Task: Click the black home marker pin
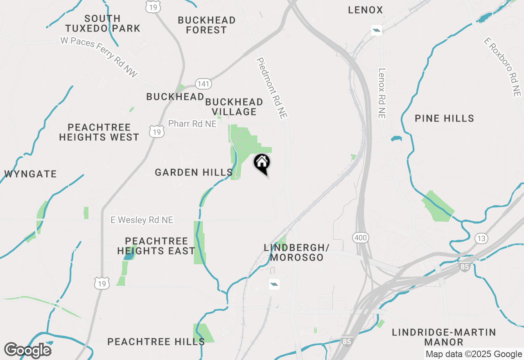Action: click(x=262, y=163)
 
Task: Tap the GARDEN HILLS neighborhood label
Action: click(x=194, y=173)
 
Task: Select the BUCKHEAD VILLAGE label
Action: click(x=234, y=107)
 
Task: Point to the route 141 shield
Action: click(x=203, y=84)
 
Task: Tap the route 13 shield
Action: click(x=481, y=238)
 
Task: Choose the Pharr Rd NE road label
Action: click(x=192, y=124)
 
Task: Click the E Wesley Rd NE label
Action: click(x=142, y=220)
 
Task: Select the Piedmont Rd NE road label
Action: click(x=272, y=88)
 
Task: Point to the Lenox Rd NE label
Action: click(x=382, y=93)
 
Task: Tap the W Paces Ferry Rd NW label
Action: click(x=99, y=57)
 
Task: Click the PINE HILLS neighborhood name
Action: click(x=444, y=119)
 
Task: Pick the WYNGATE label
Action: click(x=31, y=174)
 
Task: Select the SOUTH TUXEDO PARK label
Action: click(x=103, y=24)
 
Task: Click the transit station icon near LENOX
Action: click(x=377, y=30)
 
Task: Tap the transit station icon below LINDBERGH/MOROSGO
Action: click(x=274, y=284)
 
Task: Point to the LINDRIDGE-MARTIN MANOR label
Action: click(x=444, y=337)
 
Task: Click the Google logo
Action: click(x=28, y=351)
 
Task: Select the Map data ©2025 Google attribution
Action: click(x=474, y=354)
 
